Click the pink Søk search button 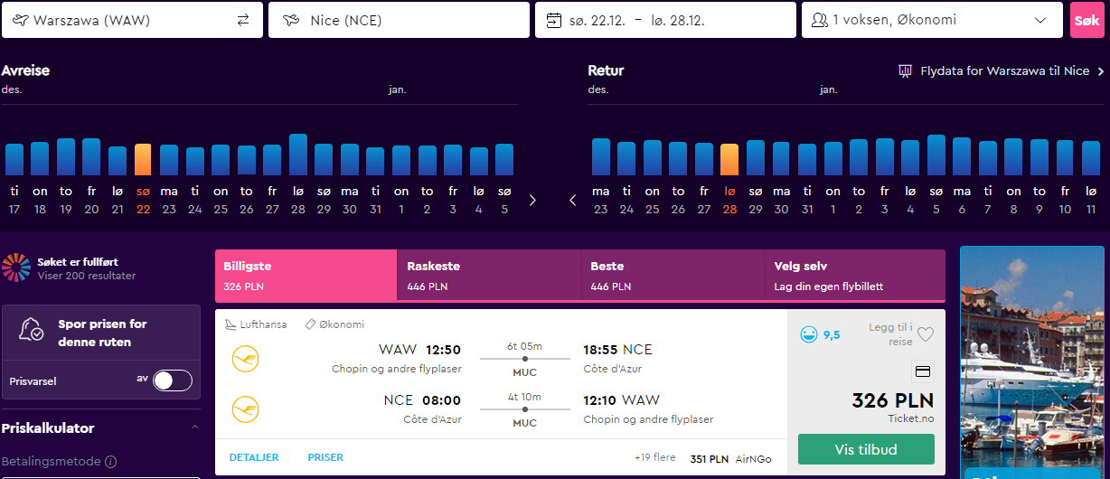1086,20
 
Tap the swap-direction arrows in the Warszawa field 243,20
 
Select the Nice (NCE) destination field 399,20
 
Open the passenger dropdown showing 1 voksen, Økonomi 932,20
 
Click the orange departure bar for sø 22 143,159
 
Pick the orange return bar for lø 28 729,159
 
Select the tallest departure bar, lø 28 297,155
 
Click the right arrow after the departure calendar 532,200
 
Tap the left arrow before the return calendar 573,200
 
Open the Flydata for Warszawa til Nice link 1004,70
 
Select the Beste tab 673,276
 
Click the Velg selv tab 855,276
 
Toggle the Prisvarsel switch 172,380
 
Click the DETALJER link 254,457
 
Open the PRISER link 325,457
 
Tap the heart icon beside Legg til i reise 926,335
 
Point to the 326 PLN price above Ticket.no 892,400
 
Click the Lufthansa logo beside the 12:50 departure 245,359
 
